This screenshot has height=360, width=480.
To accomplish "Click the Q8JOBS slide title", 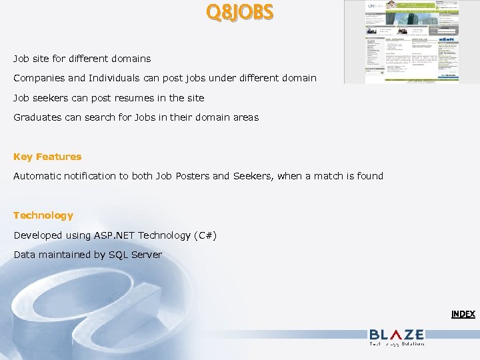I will tap(239, 13).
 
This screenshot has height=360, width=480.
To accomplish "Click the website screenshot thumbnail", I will tap(401, 41).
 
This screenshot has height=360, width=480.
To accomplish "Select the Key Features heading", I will tap(47, 157).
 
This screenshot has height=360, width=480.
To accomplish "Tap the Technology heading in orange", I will tap(43, 215).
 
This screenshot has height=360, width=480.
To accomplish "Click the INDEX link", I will tap(463, 313).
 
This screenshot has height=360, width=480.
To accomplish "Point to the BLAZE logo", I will tap(396, 336).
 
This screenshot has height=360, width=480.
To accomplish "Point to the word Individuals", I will tap(113, 78).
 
